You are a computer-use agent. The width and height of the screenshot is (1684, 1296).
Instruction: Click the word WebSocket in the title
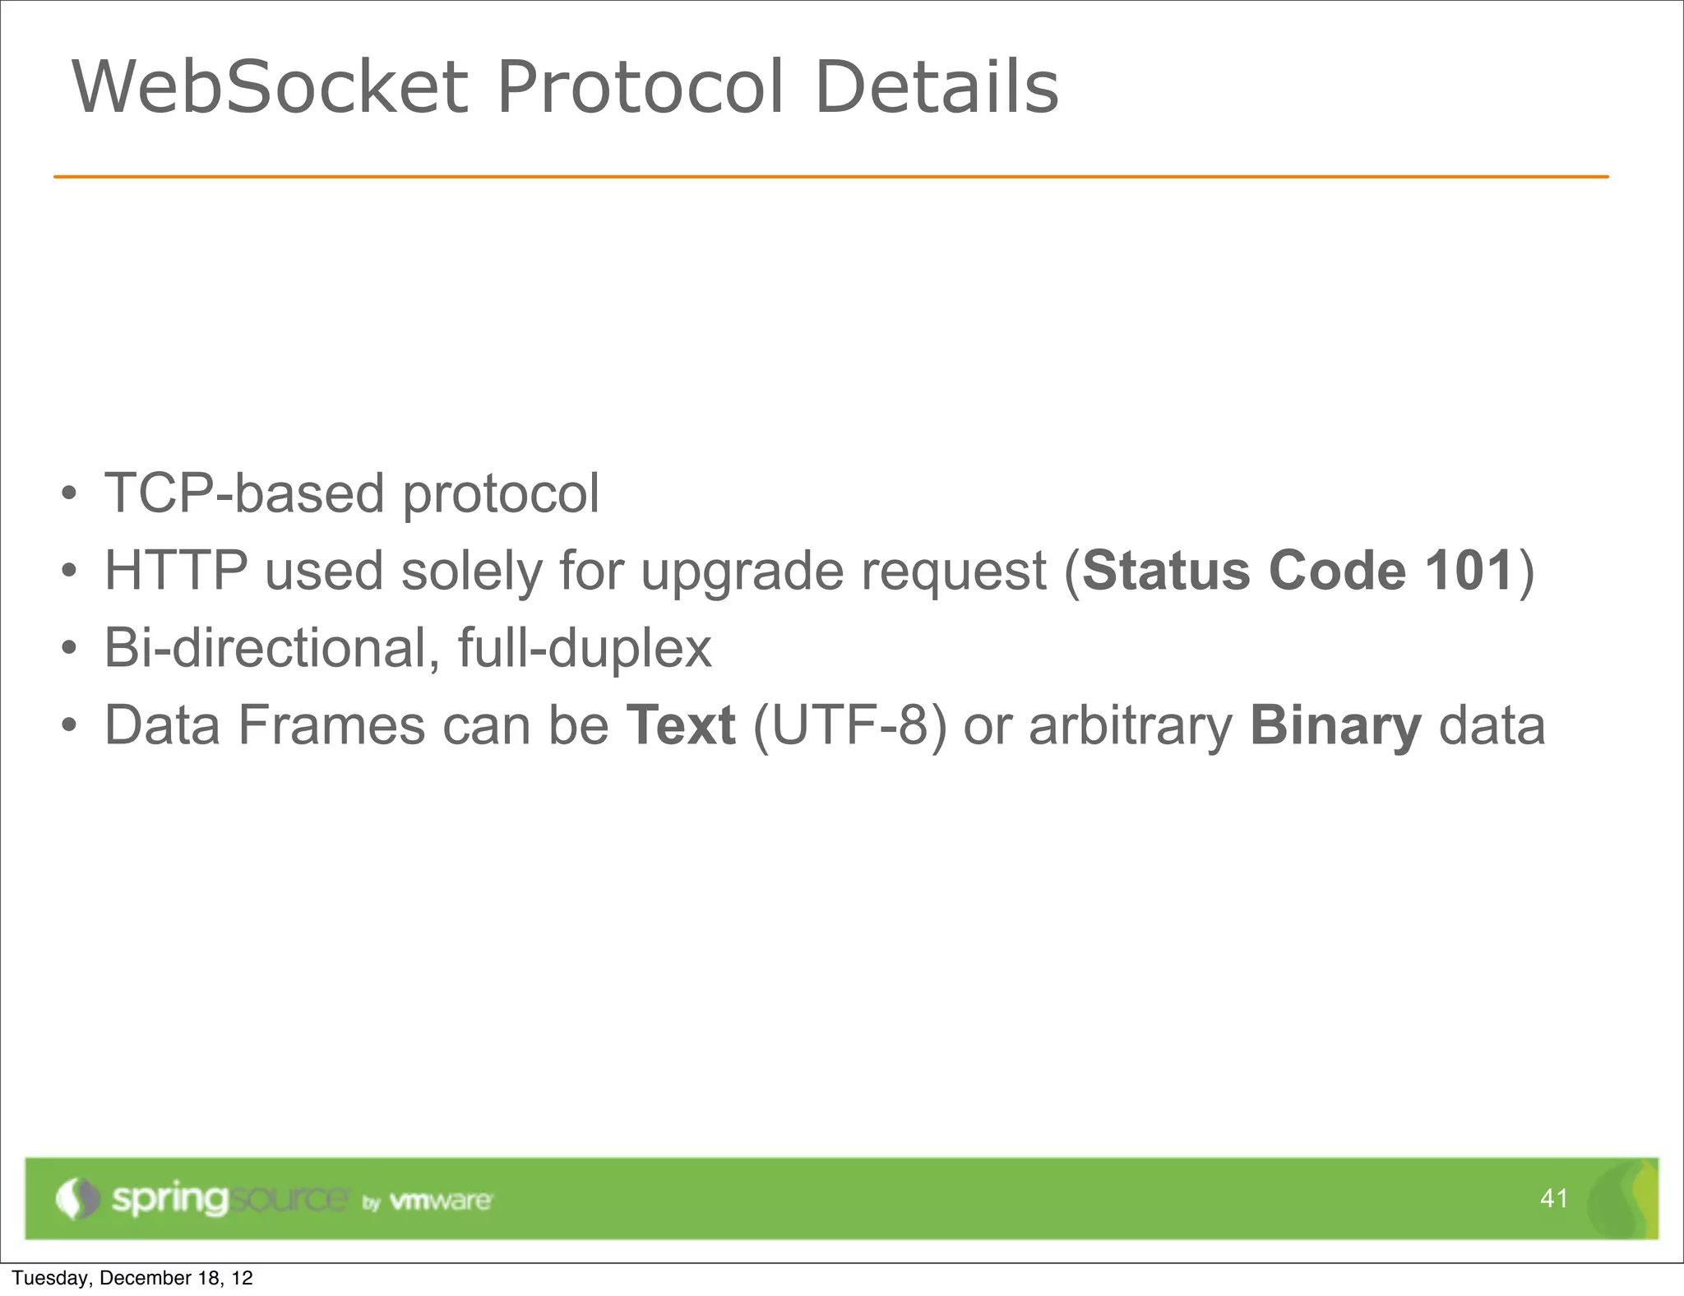[x=271, y=87]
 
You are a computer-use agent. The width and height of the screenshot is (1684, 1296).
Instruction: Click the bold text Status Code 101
[x=1298, y=570]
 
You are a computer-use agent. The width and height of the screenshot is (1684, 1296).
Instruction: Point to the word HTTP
[x=176, y=570]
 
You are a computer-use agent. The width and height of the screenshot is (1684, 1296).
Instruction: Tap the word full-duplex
[x=585, y=648]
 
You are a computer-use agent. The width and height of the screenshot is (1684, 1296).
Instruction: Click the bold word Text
[x=680, y=725]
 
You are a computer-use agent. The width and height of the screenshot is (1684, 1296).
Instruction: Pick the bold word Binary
[x=1335, y=725]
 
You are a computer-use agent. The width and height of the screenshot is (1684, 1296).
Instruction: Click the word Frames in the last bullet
[x=331, y=725]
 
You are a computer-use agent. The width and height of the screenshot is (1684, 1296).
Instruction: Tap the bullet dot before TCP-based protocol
[x=70, y=494]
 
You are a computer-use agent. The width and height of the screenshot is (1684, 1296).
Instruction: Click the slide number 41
[x=1553, y=1198]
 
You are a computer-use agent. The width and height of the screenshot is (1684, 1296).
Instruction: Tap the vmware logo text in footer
[x=441, y=1201]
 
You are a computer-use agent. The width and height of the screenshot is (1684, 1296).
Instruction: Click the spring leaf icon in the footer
[x=76, y=1198]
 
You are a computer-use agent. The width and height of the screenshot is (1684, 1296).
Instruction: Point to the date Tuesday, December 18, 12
[x=132, y=1278]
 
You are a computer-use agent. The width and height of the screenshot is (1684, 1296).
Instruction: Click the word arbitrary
[x=1131, y=725]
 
